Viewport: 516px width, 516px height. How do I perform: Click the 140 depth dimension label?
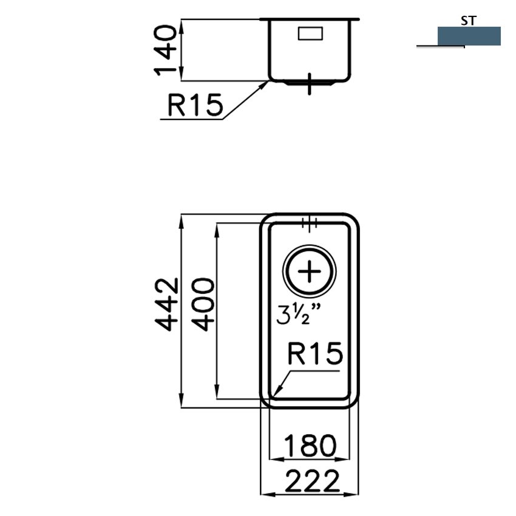tap(166, 50)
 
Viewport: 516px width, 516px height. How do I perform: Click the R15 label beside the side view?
tap(195, 105)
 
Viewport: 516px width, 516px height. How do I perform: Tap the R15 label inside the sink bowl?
tap(315, 353)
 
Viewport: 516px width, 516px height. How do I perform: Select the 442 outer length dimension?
tap(167, 304)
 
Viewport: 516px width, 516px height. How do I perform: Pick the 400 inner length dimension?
tap(203, 304)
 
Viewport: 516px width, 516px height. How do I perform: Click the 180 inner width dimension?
tap(310, 446)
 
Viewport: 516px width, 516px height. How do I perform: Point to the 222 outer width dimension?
tap(311, 481)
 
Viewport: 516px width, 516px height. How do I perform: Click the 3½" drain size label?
tap(298, 314)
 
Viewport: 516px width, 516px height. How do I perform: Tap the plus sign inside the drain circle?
tap(309, 271)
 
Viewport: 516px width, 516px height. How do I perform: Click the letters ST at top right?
tap(469, 21)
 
